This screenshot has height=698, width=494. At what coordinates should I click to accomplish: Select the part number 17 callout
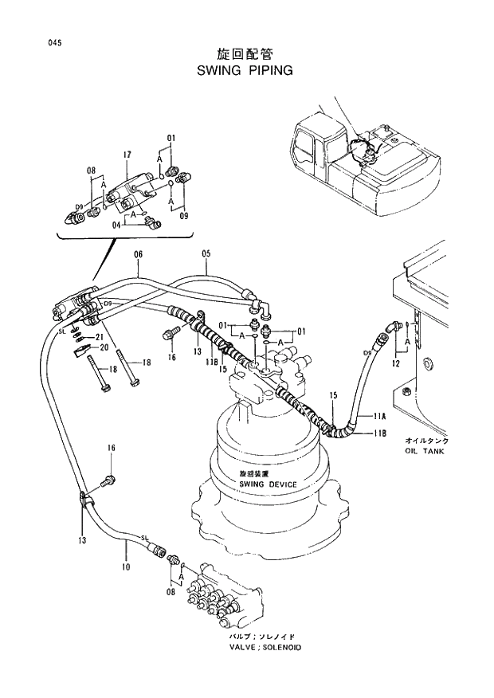pyautogui.click(x=127, y=154)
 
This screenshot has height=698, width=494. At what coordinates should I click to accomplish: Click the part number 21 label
pyautogui.click(x=100, y=337)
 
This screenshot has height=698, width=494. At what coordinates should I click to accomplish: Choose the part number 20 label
pyautogui.click(x=100, y=347)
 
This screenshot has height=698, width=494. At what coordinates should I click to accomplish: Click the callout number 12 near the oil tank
pyautogui.click(x=396, y=364)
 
